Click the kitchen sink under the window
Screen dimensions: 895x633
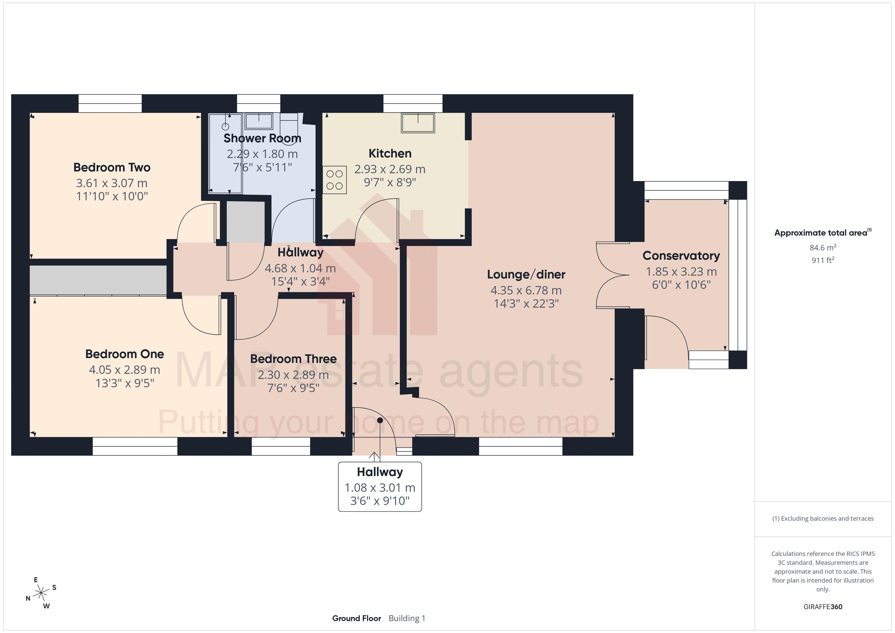(418, 123)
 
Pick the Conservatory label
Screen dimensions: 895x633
(681, 256)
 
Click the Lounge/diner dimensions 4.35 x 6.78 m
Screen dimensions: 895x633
(526, 290)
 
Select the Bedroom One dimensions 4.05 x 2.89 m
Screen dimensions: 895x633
(124, 370)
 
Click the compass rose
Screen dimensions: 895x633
(41, 593)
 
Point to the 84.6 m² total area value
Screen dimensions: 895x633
(822, 248)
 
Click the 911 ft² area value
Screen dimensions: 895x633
(822, 260)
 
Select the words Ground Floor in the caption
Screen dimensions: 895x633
(356, 618)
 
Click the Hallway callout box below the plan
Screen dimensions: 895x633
(380, 486)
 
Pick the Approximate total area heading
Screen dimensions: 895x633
(822, 233)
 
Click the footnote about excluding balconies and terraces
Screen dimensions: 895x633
(822, 518)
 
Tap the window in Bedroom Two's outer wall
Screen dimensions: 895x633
(110, 103)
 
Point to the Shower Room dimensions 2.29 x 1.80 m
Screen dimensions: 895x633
(262, 154)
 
